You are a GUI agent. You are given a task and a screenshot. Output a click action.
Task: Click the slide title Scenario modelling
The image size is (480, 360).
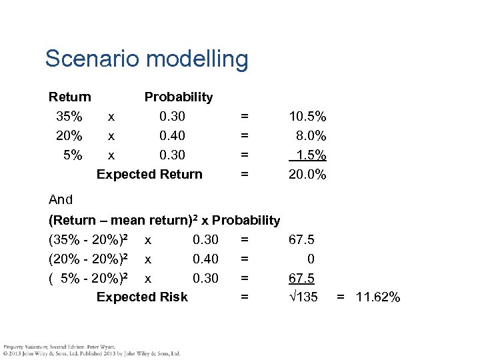(146, 59)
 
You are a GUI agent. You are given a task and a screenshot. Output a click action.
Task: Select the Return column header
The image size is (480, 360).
(70, 97)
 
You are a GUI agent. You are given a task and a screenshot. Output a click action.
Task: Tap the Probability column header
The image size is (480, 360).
(178, 97)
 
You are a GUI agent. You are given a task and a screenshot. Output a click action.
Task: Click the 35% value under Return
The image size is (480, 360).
(69, 116)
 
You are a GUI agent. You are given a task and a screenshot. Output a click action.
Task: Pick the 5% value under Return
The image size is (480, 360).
(73, 155)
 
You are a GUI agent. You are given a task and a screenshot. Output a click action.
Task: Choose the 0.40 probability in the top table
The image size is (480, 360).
(173, 135)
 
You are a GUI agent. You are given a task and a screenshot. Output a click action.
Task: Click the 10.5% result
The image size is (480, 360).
(307, 116)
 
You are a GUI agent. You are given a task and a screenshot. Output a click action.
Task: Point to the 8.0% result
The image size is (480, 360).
(311, 135)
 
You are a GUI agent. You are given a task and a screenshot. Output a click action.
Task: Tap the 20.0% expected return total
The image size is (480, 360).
(307, 174)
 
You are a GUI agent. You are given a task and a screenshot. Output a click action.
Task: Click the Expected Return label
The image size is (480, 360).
(149, 174)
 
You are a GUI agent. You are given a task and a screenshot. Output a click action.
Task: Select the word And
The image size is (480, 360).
(61, 199)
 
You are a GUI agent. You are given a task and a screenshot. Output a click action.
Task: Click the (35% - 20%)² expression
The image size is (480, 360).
(89, 239)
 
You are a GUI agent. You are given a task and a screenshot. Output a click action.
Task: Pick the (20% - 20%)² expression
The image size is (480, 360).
(89, 259)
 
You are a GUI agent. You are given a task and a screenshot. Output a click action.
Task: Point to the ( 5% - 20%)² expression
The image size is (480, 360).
(89, 278)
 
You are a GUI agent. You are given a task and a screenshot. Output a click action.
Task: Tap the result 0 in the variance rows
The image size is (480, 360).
(311, 259)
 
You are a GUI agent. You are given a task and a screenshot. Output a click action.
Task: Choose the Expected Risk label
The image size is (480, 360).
(142, 297)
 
